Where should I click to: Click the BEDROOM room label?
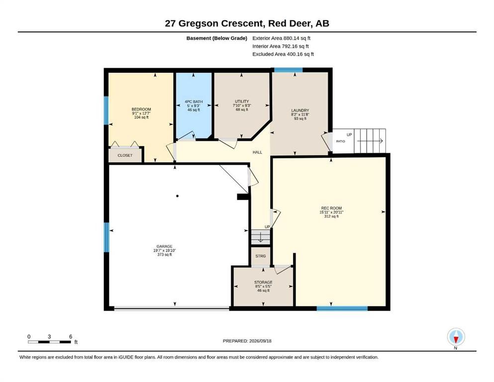(141, 109)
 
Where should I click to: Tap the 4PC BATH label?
(194, 102)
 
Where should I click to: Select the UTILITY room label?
(242, 101)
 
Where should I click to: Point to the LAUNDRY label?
(300, 110)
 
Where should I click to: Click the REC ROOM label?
(331, 208)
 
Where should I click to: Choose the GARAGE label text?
(165, 247)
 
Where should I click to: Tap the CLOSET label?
(125, 156)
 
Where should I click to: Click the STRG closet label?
(261, 256)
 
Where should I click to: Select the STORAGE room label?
(263, 283)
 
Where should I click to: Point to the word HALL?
(257, 152)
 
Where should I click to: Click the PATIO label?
(341, 141)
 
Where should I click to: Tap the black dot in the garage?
(178, 196)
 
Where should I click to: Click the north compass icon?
(456, 337)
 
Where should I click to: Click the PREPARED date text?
(247, 341)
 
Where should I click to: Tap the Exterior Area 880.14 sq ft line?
(282, 38)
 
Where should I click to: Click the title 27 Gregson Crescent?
(214, 23)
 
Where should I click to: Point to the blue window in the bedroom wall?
(106, 110)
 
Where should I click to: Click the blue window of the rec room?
(342, 308)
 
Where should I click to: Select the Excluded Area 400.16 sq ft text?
(283, 54)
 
